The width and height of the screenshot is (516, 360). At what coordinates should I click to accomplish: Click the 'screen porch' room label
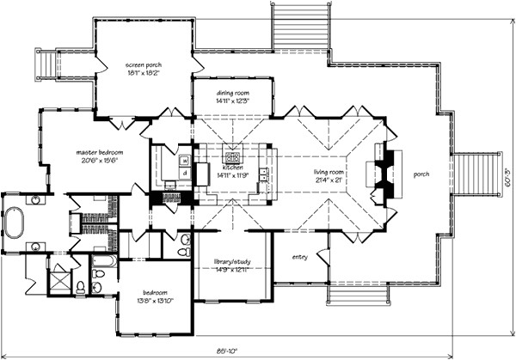[143, 64]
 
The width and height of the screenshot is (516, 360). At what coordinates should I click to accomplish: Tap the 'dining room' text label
[232, 92]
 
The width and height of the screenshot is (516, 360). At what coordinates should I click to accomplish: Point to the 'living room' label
[329, 171]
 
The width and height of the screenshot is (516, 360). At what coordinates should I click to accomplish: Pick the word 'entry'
[299, 256]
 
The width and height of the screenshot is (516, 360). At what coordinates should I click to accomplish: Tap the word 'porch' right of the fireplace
[421, 174]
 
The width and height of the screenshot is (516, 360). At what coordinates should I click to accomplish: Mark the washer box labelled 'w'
[185, 161]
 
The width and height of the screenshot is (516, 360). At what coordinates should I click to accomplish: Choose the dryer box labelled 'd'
[185, 173]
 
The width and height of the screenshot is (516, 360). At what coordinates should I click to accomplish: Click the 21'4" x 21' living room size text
[329, 180]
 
